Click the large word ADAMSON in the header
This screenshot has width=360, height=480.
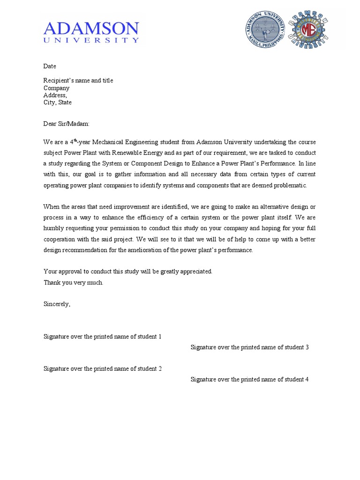click(91, 29)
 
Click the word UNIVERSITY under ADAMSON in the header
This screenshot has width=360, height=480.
click(91, 41)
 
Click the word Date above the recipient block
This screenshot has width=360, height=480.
click(50, 67)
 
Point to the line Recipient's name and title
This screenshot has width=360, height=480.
click(78, 81)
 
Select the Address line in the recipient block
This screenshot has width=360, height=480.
click(55, 95)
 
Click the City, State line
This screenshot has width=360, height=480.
click(58, 102)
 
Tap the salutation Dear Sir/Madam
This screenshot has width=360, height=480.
click(66, 124)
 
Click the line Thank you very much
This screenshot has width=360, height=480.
click(73, 283)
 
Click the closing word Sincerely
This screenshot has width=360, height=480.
click(57, 304)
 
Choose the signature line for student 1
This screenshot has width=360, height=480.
click(103, 337)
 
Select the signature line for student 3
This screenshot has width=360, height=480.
click(249, 347)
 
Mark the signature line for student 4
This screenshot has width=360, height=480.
click(249, 379)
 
